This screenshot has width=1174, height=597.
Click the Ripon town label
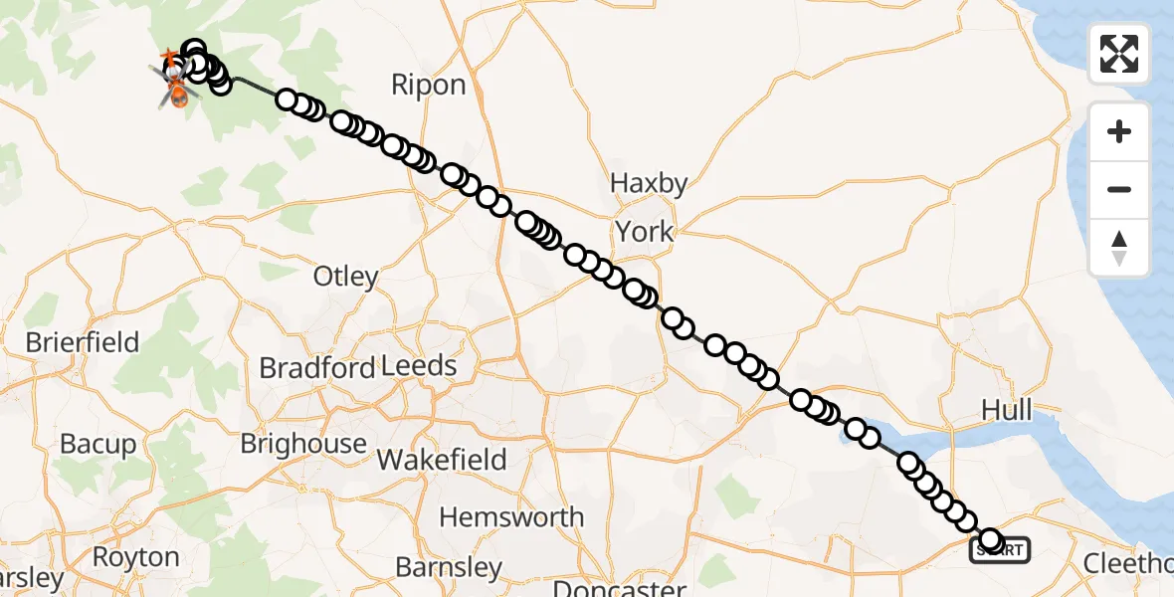(428, 85)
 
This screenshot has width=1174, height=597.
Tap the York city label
(644, 232)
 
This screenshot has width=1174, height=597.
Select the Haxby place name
(649, 184)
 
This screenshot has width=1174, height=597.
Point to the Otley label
(346, 276)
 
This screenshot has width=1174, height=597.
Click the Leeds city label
(419, 366)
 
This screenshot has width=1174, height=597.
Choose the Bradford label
(317, 367)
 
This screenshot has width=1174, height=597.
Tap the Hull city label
(1006, 410)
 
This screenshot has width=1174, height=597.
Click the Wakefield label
(442, 460)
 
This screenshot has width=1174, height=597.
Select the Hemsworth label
(511, 517)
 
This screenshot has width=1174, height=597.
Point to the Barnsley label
(449, 567)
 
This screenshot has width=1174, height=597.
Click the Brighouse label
(303, 443)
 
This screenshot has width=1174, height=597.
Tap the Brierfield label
(83, 342)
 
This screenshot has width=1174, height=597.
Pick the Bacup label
(98, 443)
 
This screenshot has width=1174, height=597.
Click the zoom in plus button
(1119, 131)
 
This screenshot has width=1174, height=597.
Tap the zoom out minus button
(1119, 189)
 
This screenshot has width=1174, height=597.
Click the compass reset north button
(1119, 247)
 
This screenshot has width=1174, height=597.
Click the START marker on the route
(1000, 548)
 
